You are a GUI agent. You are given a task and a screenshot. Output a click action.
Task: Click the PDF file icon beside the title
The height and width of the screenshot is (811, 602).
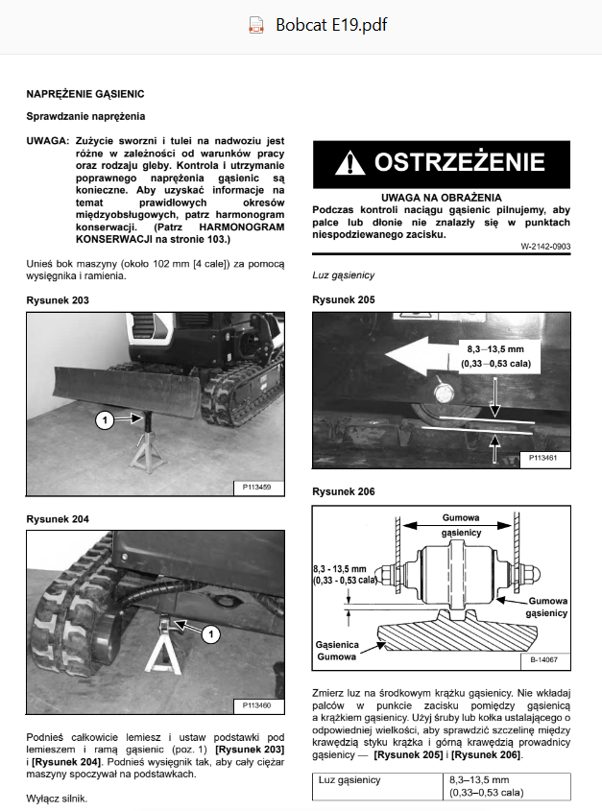tap(256, 25)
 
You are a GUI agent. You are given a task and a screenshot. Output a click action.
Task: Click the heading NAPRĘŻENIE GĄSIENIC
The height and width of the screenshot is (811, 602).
tap(85, 94)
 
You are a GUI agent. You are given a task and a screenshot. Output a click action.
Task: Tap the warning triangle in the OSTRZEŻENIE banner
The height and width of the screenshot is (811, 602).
tap(349, 163)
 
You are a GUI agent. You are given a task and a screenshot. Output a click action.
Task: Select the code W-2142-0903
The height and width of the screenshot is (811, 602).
tap(545, 247)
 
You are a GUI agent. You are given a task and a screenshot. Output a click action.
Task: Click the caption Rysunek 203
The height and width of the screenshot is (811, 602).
tap(58, 300)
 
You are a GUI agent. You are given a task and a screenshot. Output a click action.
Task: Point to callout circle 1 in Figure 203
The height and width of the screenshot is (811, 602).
tap(105, 419)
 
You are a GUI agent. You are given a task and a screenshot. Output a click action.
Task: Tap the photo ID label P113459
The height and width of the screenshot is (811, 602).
tap(256, 488)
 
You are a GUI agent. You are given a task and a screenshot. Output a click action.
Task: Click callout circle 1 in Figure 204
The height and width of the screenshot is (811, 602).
tap(210, 634)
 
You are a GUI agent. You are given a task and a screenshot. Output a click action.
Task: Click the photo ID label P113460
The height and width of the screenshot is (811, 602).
tap(256, 705)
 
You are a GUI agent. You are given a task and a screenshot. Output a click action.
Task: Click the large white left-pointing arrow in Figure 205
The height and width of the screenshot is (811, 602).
tap(422, 355)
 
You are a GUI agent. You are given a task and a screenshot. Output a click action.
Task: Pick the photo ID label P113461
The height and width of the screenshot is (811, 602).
tap(543, 458)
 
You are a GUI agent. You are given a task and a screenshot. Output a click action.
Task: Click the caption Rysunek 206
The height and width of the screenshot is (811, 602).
tap(343, 491)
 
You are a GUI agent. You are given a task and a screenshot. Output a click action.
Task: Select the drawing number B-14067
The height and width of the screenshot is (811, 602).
tap(544, 660)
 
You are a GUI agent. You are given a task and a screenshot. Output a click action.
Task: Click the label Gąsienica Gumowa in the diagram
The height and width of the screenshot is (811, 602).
tap(337, 651)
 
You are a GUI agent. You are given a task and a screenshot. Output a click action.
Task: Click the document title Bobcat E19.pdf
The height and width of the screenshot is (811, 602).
tap(331, 25)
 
